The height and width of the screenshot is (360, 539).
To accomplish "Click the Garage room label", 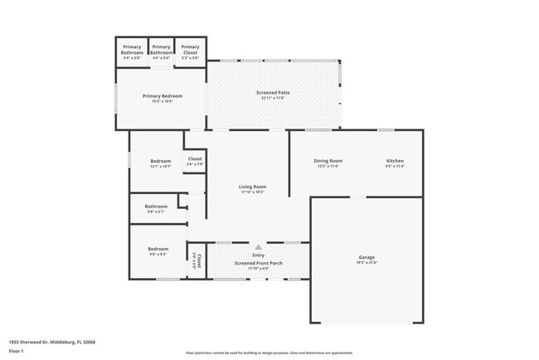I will (367, 257).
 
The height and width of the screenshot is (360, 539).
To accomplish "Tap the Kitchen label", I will (395, 160).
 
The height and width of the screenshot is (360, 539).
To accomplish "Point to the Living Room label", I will (252, 187).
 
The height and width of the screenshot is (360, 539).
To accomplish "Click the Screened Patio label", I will (273, 92).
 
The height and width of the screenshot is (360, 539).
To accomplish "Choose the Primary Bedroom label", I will (163, 96).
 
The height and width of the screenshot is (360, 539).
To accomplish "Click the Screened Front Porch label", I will (258, 263).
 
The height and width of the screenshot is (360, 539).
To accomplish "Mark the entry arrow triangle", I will (259, 246).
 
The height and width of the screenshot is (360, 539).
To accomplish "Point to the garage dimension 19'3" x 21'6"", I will (367, 263).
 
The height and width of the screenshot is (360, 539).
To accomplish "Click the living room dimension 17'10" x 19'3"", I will (252, 192).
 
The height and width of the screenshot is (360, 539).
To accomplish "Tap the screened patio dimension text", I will (273, 98).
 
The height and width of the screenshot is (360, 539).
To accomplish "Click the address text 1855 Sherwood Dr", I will (51, 341).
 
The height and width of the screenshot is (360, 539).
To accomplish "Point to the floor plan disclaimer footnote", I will (269, 353).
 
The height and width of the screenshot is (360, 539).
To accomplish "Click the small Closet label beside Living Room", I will (195, 158).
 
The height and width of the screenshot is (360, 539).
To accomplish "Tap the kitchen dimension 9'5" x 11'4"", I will (395, 166).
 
